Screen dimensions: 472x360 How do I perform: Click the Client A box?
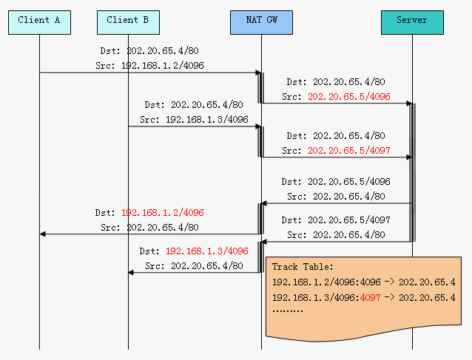coord(39,23)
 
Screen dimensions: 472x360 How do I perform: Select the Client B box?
coord(128,23)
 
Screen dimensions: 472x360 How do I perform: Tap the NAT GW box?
coord(261,23)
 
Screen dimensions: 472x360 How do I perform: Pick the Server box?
coord(412,23)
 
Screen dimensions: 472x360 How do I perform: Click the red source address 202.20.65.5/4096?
coord(349,97)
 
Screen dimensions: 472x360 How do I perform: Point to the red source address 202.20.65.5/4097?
coord(349,150)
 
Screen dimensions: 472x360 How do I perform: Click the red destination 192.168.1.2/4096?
coord(163,213)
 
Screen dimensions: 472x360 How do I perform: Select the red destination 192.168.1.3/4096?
coord(207,251)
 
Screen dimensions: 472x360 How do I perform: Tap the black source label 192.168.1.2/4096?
coord(163,66)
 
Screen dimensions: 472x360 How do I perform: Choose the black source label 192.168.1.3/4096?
coord(207,120)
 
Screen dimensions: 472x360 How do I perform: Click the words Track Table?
coord(303,267)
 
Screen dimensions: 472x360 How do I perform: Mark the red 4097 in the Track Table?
coord(370,298)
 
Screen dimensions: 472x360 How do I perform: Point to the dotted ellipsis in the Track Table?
coord(288,310)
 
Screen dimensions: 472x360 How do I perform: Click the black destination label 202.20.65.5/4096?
coord(349,182)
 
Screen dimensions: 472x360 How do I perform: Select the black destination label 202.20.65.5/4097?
coord(349,220)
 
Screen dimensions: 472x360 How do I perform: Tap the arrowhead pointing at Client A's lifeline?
coord(42,234)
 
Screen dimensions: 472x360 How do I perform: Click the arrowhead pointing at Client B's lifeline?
coord(131,273)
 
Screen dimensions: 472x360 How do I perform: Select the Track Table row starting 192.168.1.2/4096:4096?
coord(364,282)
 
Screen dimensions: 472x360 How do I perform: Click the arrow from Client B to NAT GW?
coord(195,126)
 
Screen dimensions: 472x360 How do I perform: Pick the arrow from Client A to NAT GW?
coord(150,72)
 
